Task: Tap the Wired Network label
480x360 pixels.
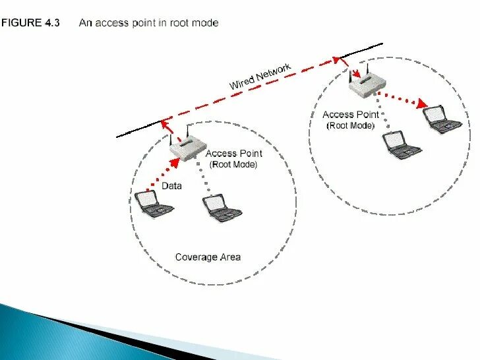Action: pos(260,77)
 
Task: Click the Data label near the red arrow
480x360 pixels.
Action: pos(171,186)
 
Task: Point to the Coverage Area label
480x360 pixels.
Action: pos(208,256)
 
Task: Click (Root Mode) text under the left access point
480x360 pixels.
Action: pos(233,165)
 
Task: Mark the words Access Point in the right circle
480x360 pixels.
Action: pos(351,115)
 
